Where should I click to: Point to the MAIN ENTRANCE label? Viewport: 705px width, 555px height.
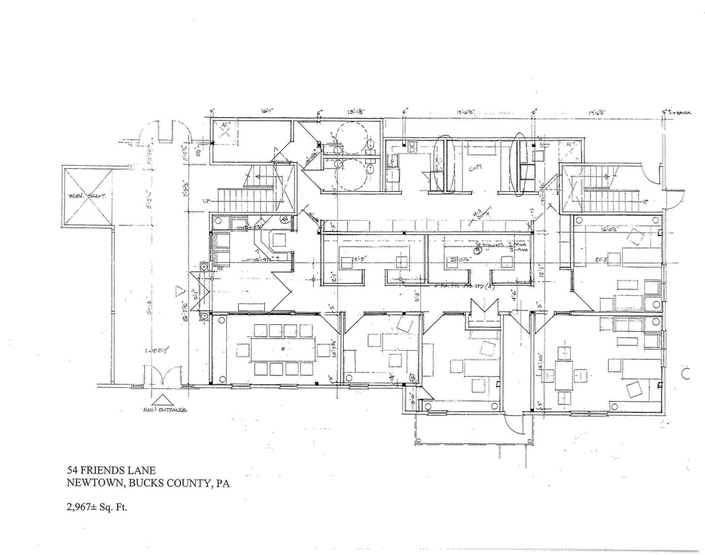coord(161,409)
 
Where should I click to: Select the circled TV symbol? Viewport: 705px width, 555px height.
coord(284,218)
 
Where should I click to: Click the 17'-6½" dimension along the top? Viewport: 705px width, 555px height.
coord(597,112)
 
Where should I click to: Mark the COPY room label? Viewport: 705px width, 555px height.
coord(475,166)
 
